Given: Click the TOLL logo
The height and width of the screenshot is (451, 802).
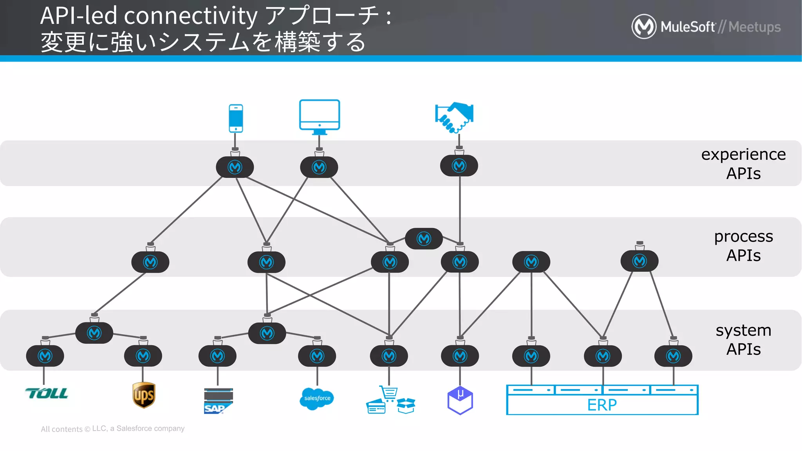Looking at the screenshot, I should tap(47, 393).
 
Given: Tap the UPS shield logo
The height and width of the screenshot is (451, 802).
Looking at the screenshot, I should tap(144, 395).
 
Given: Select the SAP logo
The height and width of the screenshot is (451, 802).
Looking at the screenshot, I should tap(218, 401).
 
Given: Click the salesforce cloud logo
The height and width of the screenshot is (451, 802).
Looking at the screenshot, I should tap(317, 399).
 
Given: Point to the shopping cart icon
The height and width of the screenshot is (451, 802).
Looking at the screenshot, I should tap(389, 393).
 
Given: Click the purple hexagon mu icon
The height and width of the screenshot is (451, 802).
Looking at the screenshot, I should tap(460, 400).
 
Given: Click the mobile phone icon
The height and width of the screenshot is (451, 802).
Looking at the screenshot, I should tap(236, 118).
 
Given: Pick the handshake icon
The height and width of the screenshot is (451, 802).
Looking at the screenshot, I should tap(454, 117).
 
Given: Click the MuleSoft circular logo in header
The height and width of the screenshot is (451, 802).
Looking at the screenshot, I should tap(644, 27).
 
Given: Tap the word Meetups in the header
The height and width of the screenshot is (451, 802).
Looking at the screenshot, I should tap(754, 27).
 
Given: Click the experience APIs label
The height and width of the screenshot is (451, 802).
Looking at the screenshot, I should tap(743, 164).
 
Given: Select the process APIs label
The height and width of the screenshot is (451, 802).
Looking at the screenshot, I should tap(743, 246).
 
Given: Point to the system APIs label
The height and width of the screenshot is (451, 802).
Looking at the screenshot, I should tap(743, 339).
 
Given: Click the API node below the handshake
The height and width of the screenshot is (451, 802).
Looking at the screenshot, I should tap(459, 166).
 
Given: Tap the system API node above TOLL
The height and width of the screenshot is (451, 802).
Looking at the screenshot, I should tap(45, 356).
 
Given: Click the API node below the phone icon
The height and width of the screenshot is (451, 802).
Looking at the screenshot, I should tap(235, 167).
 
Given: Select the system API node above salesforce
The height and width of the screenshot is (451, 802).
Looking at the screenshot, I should tap(317, 356).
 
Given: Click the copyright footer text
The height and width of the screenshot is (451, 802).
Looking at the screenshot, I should tap(112, 429).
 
